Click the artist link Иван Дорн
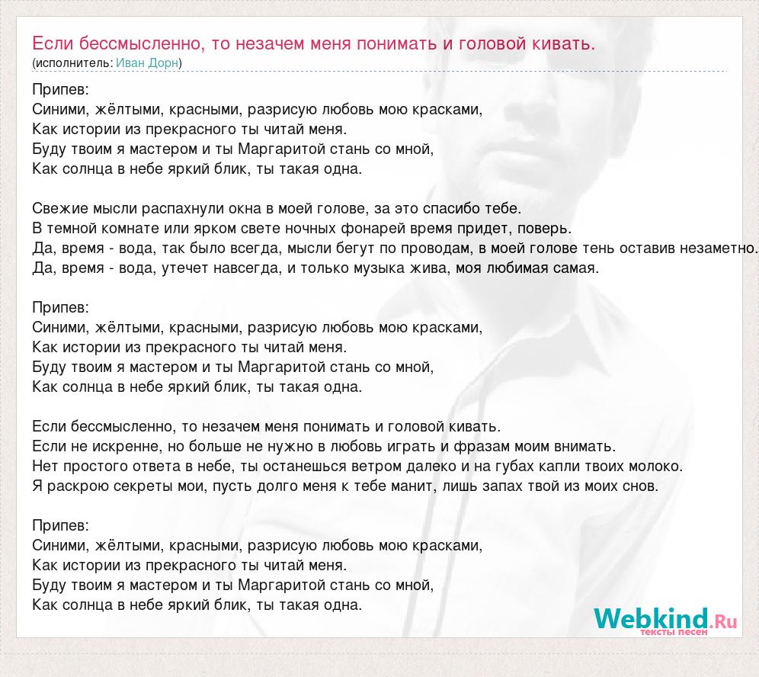click(147, 63)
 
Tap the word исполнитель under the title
click(73, 63)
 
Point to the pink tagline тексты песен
click(674, 632)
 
